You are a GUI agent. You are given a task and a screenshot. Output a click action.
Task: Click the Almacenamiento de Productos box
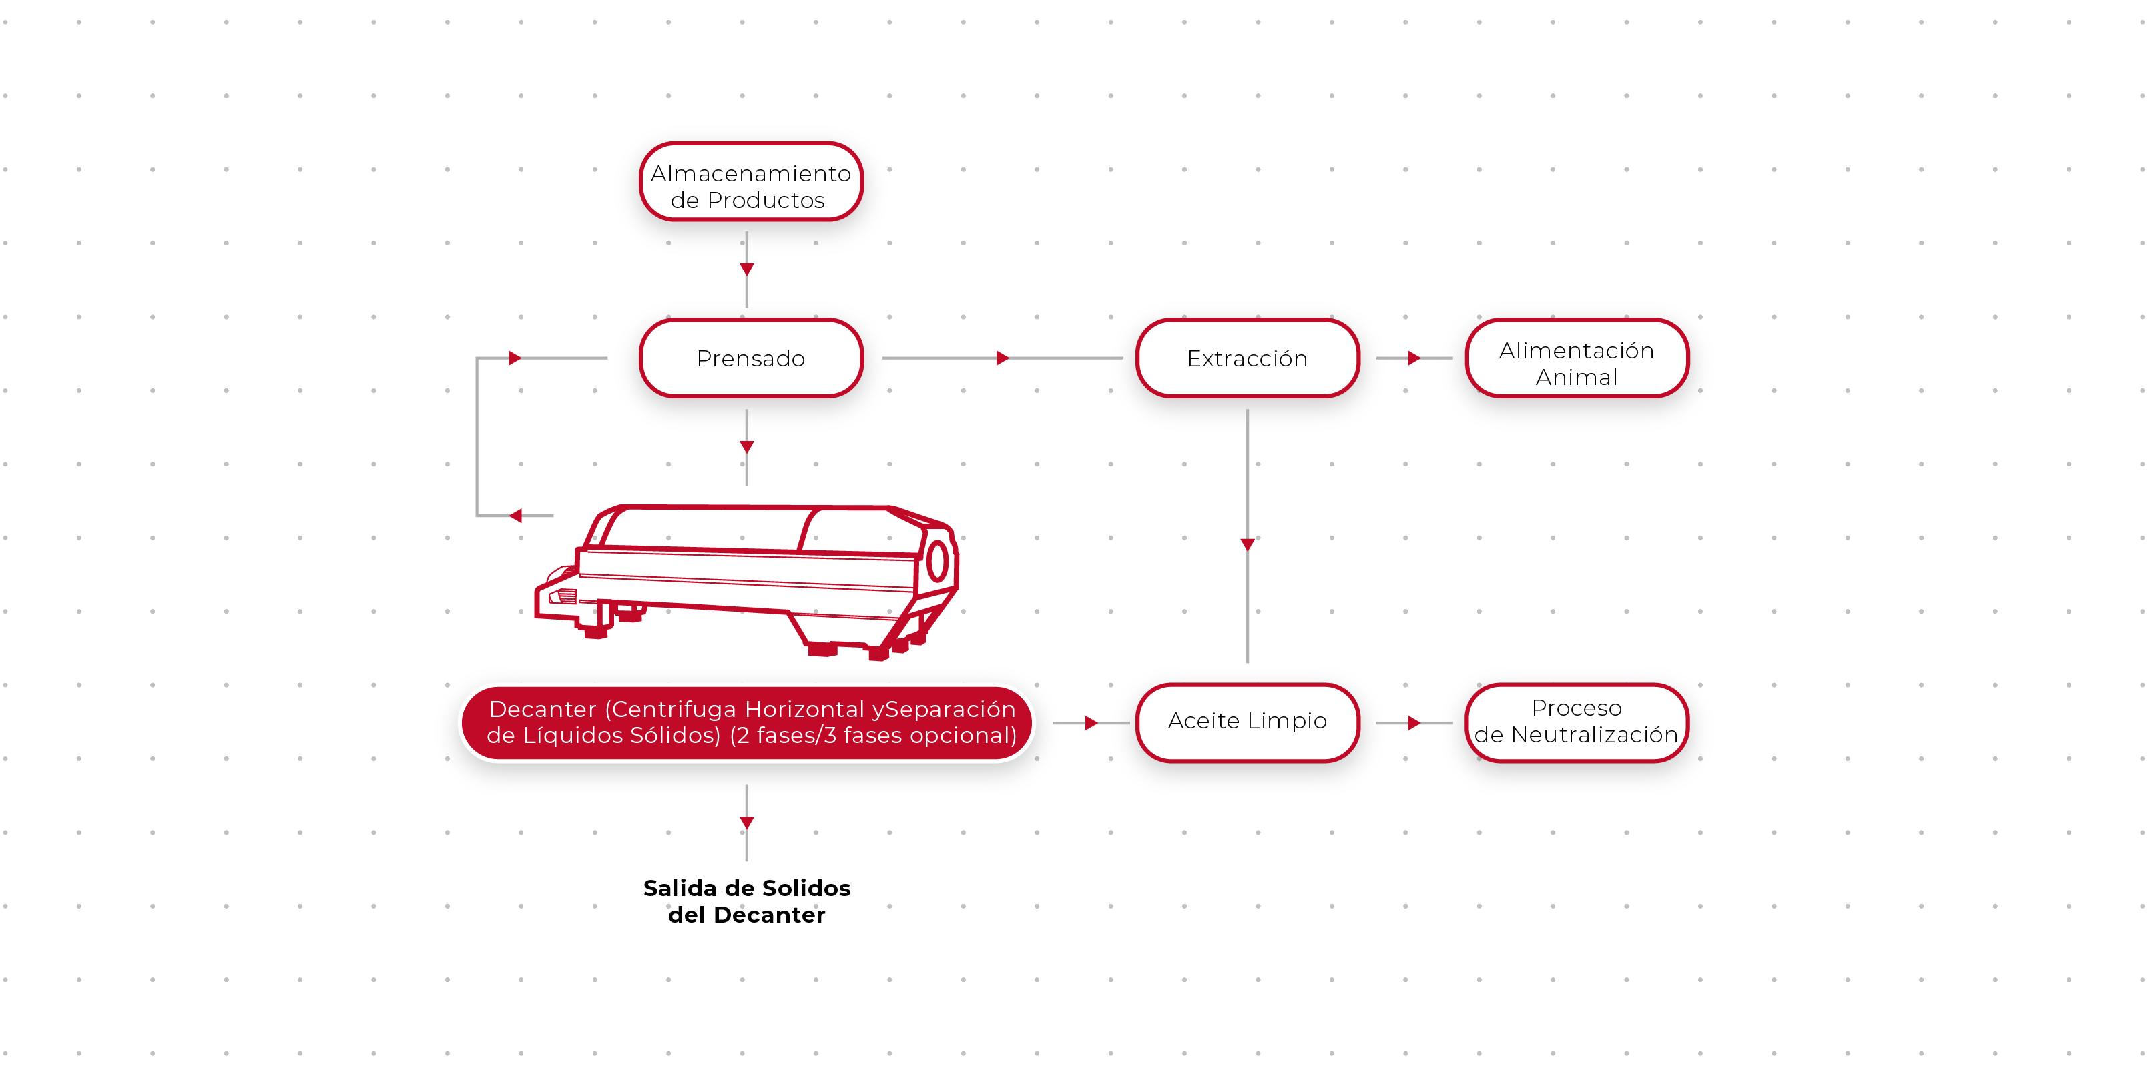click(750, 186)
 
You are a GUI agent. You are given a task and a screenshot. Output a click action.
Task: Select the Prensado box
click(750, 358)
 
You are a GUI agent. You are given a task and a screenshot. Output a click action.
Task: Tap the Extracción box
click(1247, 358)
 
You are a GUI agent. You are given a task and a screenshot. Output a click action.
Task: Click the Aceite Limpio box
click(1247, 721)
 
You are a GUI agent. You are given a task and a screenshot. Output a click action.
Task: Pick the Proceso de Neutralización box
click(1576, 721)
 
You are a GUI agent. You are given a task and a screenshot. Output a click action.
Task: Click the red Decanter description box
click(750, 722)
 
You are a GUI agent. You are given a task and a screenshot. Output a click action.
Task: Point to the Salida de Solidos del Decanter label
click(746, 901)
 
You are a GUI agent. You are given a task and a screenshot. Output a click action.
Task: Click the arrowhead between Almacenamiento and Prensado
click(746, 268)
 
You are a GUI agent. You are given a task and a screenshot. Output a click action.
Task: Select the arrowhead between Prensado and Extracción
click(1003, 358)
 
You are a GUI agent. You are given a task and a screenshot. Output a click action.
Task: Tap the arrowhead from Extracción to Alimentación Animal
click(1413, 358)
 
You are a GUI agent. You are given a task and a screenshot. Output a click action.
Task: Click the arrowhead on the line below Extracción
click(1248, 544)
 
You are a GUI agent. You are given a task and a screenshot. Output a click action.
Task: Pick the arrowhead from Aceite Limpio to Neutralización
click(1413, 722)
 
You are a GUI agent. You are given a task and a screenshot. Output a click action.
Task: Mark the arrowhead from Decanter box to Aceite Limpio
click(1091, 722)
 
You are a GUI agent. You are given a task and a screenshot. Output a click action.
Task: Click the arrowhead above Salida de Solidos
click(746, 822)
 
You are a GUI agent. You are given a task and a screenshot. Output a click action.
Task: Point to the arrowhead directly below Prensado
click(746, 447)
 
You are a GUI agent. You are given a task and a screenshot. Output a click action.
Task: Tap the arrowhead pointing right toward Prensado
click(515, 358)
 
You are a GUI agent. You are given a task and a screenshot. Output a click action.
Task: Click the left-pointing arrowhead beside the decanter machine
click(515, 516)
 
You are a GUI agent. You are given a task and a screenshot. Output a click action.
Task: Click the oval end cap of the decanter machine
click(937, 560)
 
